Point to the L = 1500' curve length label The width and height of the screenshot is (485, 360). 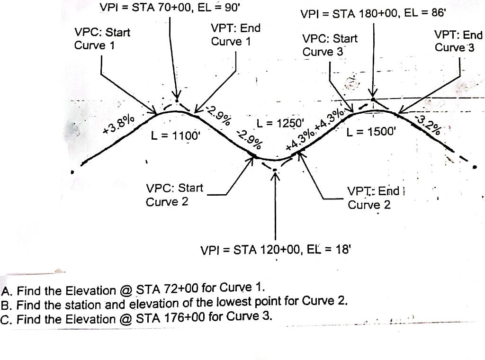[x=370, y=132]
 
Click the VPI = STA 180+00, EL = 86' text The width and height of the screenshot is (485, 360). [x=374, y=14]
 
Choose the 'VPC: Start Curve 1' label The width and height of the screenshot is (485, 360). [x=102, y=39]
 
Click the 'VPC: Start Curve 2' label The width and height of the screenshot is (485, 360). [x=174, y=195]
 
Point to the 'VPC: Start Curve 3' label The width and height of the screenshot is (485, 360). [x=330, y=45]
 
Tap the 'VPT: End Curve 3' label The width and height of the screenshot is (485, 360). [x=458, y=41]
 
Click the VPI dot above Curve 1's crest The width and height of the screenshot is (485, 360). [x=177, y=100]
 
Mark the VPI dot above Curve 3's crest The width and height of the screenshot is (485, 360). [x=373, y=99]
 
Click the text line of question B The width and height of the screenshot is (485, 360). [x=175, y=304]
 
